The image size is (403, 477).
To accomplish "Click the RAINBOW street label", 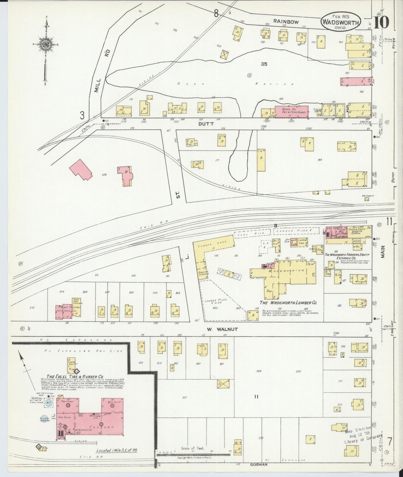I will tap(286, 21).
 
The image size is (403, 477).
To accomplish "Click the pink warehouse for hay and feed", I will tap(291, 111).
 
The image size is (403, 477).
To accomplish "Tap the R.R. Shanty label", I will tap(368, 196).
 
